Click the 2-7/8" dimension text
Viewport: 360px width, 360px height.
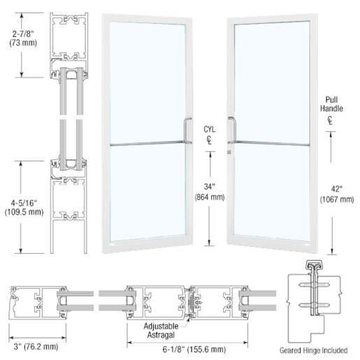(x=23, y=34)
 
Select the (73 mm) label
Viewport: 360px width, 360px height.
(x=23, y=43)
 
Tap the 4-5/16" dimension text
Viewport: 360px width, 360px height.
(x=24, y=203)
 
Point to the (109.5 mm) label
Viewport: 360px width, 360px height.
(x=24, y=212)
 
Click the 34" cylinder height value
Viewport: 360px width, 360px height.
(x=210, y=187)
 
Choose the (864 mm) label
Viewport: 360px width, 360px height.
(x=210, y=197)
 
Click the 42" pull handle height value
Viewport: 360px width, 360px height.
(x=337, y=189)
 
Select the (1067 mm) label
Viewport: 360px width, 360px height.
(x=337, y=199)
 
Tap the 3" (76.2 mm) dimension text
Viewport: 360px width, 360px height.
(x=36, y=347)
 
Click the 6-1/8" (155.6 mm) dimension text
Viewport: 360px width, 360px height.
(x=194, y=350)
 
